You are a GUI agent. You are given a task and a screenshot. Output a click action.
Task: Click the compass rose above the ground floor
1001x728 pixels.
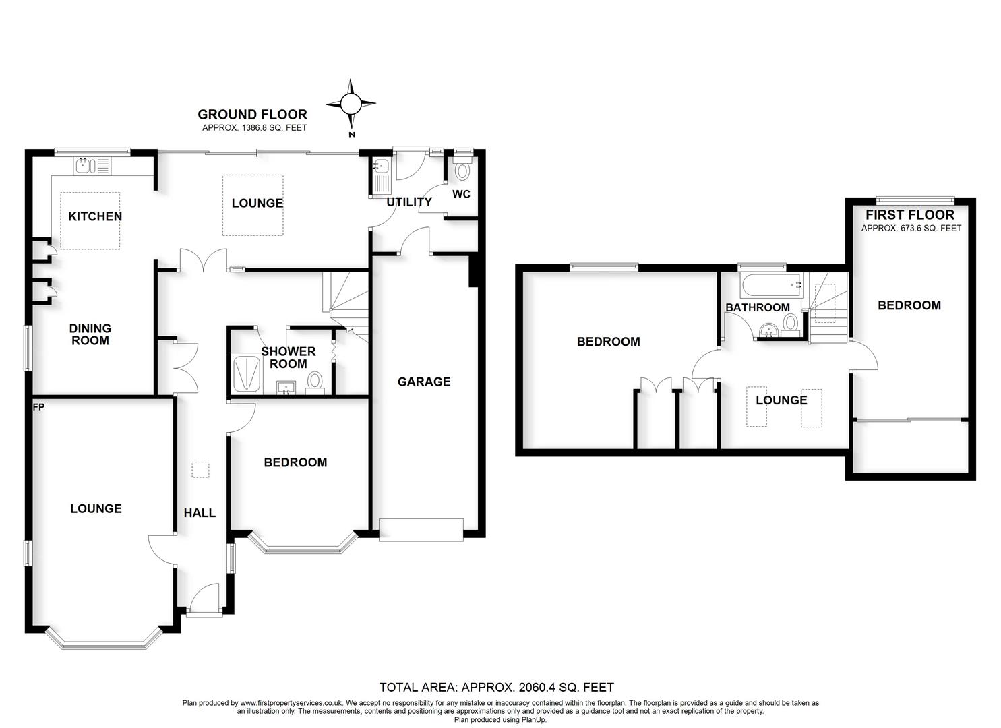click(x=351, y=104)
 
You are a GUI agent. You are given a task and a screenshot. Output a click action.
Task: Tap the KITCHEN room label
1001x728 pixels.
click(x=95, y=216)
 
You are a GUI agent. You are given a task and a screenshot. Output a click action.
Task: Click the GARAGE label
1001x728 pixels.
click(x=423, y=382)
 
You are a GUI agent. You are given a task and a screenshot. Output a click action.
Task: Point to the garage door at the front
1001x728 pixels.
click(x=421, y=529)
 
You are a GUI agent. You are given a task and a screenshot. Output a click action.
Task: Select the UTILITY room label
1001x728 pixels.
click(x=409, y=202)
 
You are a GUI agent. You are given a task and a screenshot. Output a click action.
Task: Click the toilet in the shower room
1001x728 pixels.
click(x=315, y=382)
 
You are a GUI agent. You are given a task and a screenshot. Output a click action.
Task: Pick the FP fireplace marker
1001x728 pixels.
click(x=38, y=407)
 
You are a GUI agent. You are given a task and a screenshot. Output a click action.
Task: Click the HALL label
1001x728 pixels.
click(x=200, y=513)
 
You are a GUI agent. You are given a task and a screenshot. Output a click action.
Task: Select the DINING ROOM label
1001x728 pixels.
click(x=90, y=334)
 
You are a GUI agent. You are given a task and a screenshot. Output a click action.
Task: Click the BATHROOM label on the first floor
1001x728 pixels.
click(x=757, y=307)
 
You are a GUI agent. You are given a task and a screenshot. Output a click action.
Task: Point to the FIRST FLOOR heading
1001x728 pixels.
click(x=910, y=215)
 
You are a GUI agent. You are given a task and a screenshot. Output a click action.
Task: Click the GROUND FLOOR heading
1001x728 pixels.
click(x=252, y=115)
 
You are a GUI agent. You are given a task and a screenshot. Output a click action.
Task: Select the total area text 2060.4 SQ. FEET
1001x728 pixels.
click(x=497, y=688)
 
